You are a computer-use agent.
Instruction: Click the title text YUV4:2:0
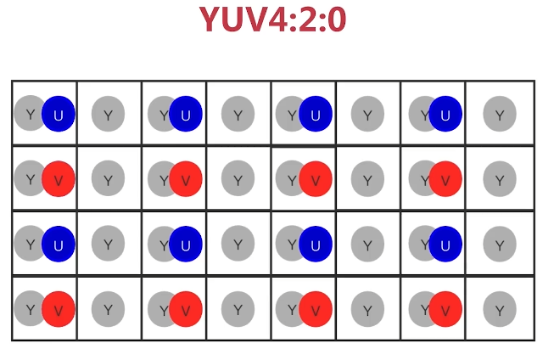(x=272, y=20)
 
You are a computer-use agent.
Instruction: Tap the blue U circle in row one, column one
(x=59, y=115)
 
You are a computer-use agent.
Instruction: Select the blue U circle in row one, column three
(x=186, y=114)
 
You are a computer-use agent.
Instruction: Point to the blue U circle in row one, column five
(x=315, y=114)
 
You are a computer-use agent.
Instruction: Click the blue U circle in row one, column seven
(x=445, y=114)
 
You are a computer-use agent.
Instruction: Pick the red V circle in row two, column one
(x=59, y=179)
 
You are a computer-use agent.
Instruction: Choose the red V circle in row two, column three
(x=186, y=179)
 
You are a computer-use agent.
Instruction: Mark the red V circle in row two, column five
(x=316, y=179)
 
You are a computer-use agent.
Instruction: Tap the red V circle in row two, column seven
(x=445, y=179)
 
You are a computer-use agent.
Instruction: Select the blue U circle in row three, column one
(x=59, y=244)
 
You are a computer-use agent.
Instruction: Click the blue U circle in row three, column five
(x=315, y=244)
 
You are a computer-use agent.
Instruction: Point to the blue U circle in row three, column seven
(x=445, y=244)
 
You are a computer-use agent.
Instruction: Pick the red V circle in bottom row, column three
(x=186, y=309)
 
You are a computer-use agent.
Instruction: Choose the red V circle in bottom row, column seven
(x=445, y=309)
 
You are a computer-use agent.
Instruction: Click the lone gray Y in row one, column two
(x=108, y=115)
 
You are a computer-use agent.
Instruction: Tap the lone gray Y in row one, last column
(x=500, y=115)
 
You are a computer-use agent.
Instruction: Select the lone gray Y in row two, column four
(x=238, y=179)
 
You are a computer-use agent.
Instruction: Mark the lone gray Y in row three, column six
(x=367, y=245)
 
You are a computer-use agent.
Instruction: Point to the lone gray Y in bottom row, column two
(x=108, y=310)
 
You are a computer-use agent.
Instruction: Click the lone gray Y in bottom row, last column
(x=500, y=310)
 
